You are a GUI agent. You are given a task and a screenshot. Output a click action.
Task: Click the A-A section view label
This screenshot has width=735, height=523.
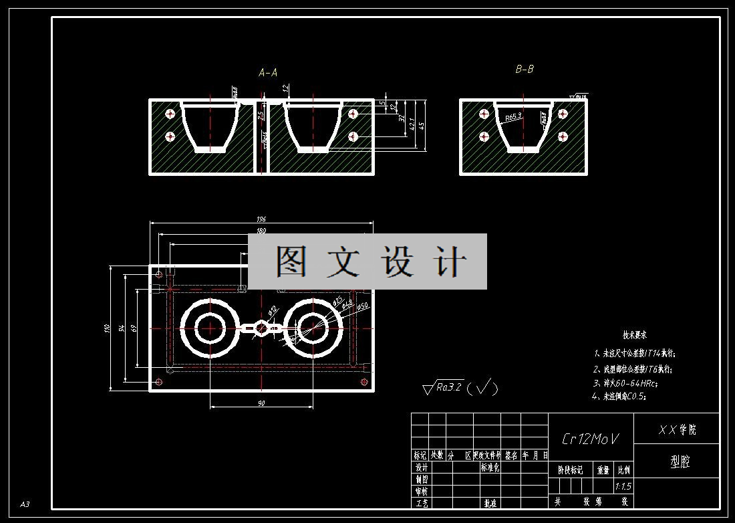[268, 73]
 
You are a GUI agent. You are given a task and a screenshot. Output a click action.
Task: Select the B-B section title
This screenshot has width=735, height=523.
[525, 69]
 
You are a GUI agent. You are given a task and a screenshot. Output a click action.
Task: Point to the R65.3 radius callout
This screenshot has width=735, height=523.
[513, 117]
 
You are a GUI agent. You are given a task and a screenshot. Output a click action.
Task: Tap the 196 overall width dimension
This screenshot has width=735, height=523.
[261, 219]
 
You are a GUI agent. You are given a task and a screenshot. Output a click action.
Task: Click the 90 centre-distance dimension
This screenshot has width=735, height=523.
[261, 403]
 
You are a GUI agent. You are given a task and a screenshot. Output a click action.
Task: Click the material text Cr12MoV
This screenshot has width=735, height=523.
[590, 439]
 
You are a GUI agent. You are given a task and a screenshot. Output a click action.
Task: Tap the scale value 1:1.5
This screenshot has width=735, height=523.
[623, 486]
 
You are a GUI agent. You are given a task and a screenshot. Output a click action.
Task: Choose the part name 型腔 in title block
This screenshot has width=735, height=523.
[680, 461]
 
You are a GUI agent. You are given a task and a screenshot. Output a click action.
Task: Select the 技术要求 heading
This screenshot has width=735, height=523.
[634, 335]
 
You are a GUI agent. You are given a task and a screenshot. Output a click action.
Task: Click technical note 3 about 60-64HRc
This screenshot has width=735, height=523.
[626, 383]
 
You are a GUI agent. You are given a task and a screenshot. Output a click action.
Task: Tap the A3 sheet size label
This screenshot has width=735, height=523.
[25, 504]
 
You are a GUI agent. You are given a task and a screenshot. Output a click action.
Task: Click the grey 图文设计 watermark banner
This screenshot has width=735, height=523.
[367, 261]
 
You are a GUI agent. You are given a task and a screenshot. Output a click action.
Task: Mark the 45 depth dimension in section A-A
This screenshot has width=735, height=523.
[423, 124]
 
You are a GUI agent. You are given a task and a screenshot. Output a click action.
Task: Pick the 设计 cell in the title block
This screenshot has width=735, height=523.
[421, 468]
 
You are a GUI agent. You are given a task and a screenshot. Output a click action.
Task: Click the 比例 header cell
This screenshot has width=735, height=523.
[623, 470]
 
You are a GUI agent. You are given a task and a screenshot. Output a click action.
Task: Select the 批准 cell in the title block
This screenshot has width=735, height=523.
[490, 503]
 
